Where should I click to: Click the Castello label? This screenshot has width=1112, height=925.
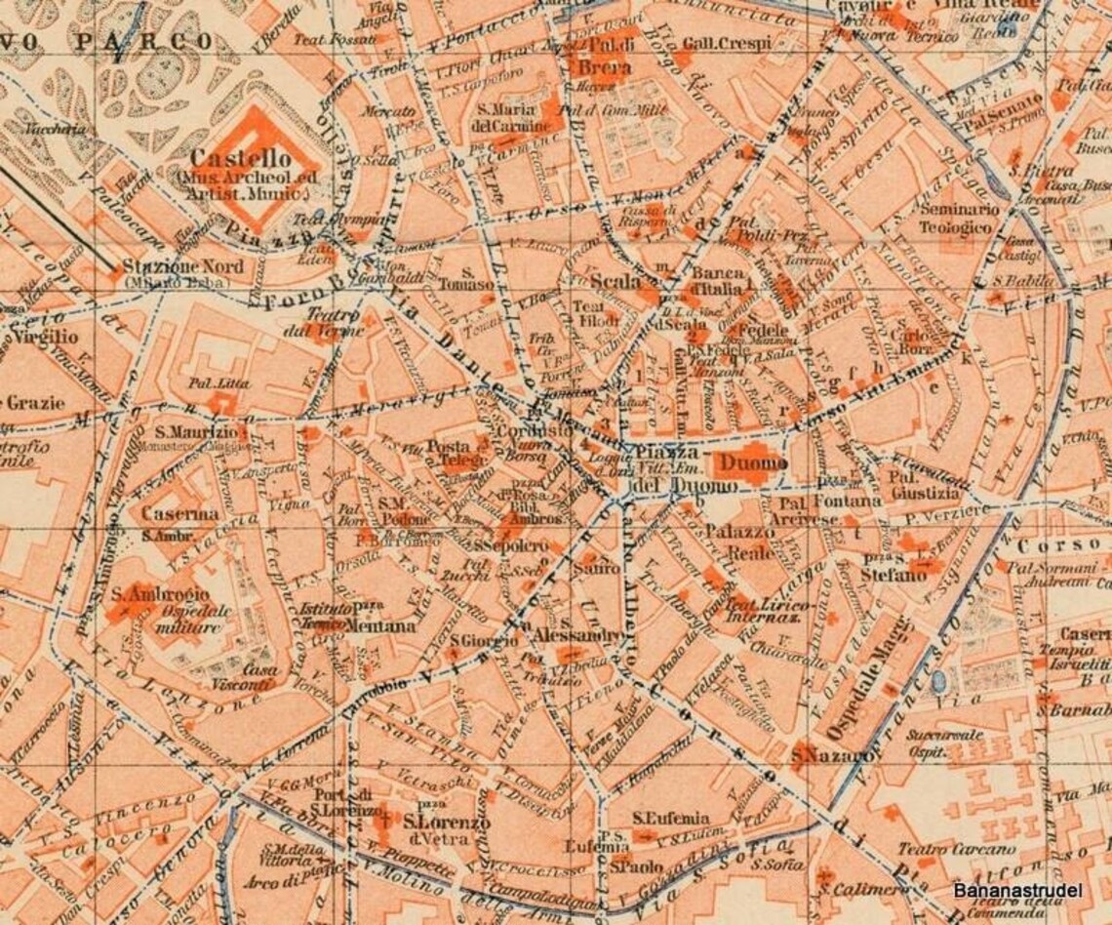[240, 158]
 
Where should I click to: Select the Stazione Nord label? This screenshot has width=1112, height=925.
[176, 266]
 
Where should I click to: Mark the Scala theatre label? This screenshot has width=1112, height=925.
[614, 281]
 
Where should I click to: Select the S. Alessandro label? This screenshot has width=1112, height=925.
[577, 635]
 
